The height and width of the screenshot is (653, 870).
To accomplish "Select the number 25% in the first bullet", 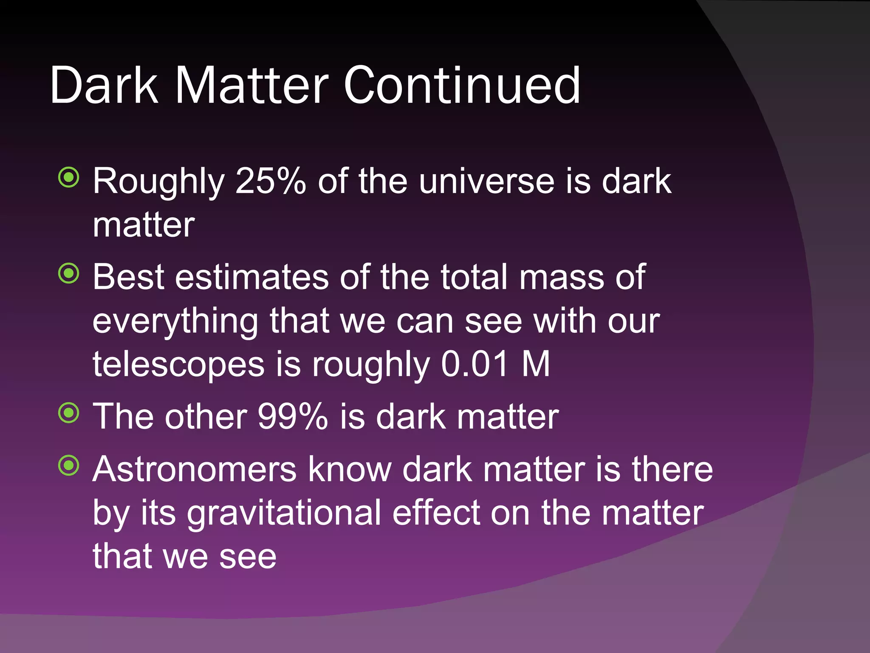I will pyautogui.click(x=270, y=181).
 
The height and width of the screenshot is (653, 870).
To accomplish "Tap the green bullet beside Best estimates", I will pyautogui.click(x=69, y=273).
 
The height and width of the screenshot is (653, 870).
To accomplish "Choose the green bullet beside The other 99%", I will pyautogui.click(x=69, y=412).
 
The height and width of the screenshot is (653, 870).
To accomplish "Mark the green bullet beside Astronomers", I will pyautogui.click(x=69, y=466).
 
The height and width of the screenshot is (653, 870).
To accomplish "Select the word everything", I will pyautogui.click(x=175, y=322).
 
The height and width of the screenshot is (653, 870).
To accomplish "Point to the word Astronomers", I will pyautogui.click(x=195, y=469).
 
